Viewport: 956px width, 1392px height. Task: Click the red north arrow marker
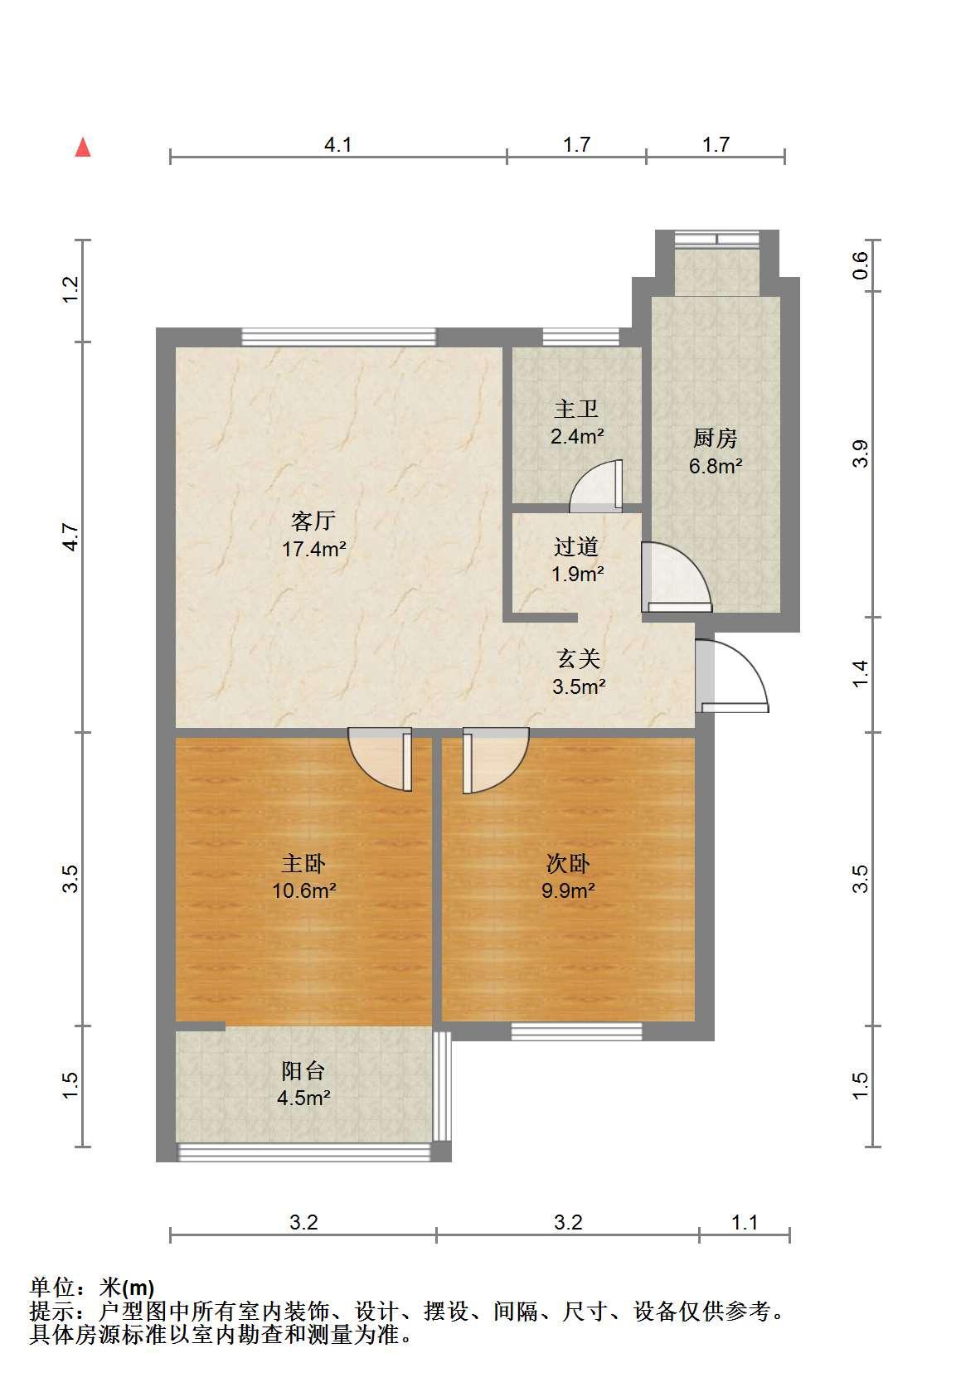click(x=83, y=148)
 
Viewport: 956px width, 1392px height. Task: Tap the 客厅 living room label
click(x=313, y=520)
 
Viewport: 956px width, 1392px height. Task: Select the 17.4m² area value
click(x=314, y=549)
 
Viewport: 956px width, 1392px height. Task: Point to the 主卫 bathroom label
click(x=576, y=409)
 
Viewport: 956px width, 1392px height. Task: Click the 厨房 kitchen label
click(x=716, y=438)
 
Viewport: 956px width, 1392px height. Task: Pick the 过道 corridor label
click(x=576, y=546)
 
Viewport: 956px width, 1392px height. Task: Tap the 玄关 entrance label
click(x=578, y=658)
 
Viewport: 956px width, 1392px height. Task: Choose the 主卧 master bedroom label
click(x=303, y=863)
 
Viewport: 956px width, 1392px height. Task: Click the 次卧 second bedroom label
click(x=567, y=863)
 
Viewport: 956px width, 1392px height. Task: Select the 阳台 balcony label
click(x=303, y=1070)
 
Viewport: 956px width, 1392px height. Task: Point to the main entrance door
click(x=732, y=676)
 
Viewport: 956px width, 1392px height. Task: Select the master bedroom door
click(x=380, y=759)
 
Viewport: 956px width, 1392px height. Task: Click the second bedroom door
click(x=496, y=760)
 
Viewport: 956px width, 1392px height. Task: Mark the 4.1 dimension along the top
click(x=338, y=145)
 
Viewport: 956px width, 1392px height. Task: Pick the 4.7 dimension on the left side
click(x=70, y=537)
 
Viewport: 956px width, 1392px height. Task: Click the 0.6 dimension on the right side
click(x=860, y=265)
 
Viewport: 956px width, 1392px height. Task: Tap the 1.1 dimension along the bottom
click(x=745, y=1223)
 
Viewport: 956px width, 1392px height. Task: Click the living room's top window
click(x=339, y=337)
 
